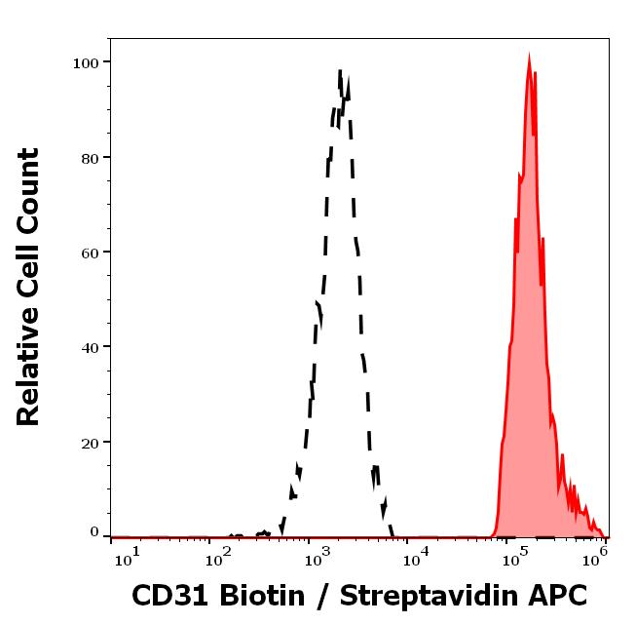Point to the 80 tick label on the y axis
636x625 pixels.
tap(88, 157)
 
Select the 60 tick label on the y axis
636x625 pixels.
tap(88, 253)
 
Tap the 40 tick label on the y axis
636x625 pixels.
tap(88, 347)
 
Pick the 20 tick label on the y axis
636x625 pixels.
tap(88, 443)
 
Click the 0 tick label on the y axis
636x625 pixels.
tap(94, 532)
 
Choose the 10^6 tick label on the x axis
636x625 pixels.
tap(596, 555)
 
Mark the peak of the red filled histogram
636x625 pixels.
tap(529, 59)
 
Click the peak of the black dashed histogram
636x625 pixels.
tap(340, 71)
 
